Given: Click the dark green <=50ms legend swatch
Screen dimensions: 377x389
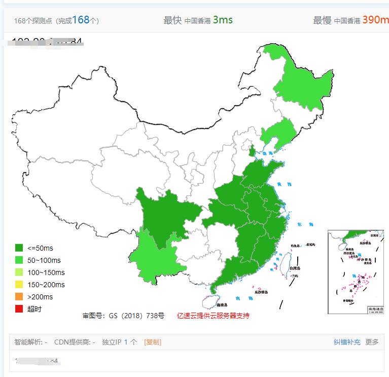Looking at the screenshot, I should click(19, 248).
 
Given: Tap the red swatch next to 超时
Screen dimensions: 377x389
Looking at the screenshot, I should click(19, 309).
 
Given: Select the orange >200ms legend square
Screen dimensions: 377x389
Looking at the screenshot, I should click(19, 297).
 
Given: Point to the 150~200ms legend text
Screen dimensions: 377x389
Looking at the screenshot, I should click(46, 285).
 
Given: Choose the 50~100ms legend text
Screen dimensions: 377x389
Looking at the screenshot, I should click(44, 260).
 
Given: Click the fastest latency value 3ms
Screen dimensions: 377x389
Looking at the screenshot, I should click(223, 20).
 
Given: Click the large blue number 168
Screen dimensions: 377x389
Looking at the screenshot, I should click(81, 20).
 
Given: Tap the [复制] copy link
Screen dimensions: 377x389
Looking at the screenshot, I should click(153, 342).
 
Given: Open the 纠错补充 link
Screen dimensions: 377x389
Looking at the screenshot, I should click(347, 342).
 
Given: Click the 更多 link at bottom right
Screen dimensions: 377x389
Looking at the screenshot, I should click(372, 342).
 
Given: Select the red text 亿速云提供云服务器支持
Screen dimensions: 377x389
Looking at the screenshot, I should click(213, 316).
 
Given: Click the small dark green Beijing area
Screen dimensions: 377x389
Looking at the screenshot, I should click(252, 151).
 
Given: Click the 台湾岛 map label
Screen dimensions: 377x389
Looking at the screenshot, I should click(295, 268).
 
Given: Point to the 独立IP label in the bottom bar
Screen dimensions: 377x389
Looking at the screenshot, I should click(112, 342).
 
